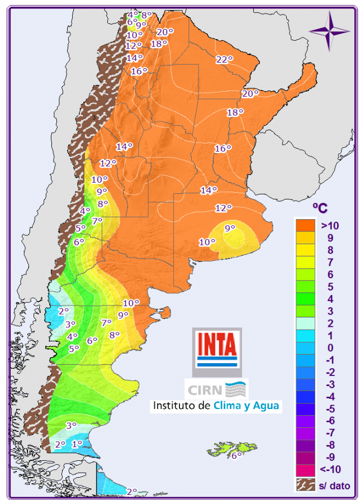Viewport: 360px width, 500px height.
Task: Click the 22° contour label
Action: pos(224,60)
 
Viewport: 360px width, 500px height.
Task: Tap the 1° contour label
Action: pos(77,444)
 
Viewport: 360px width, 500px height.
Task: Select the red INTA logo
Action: pos(217,347)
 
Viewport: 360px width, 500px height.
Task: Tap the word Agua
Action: pos(267,406)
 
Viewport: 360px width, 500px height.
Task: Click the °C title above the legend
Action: pos(320,208)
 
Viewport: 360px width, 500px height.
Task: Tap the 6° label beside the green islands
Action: pos(236,455)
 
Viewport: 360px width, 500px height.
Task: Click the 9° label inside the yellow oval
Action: pos(230,228)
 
